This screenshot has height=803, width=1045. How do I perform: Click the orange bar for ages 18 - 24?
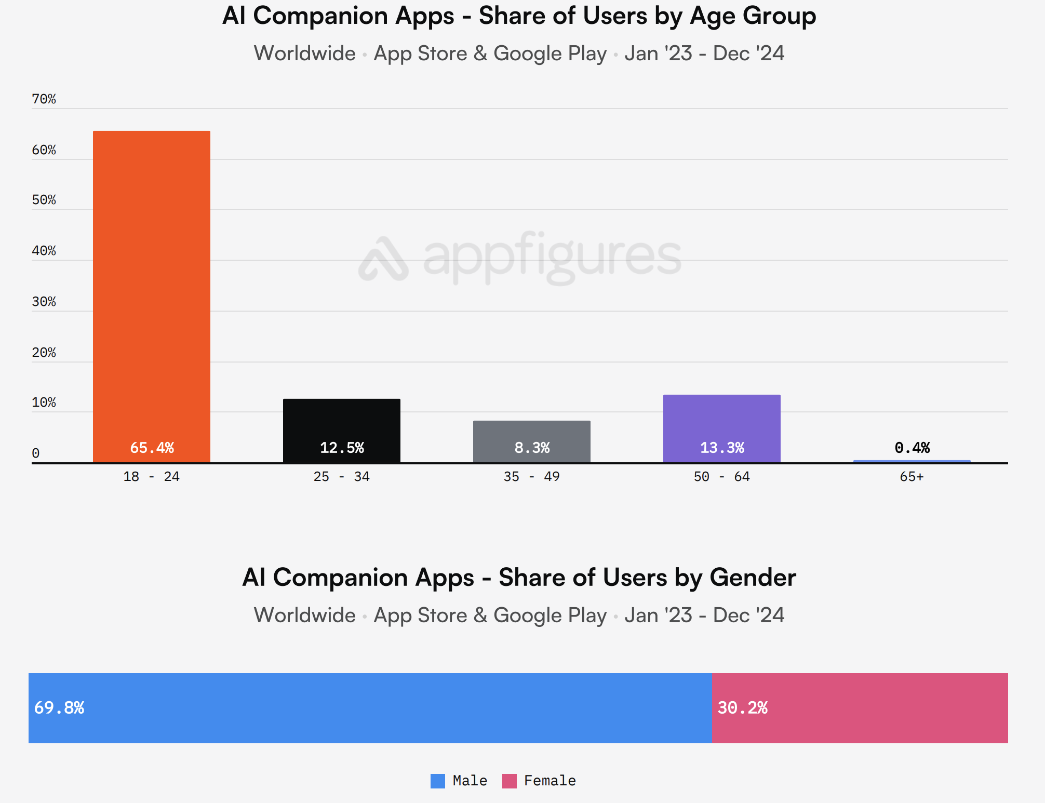[x=152, y=296]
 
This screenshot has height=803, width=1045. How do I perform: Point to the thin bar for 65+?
[x=912, y=461]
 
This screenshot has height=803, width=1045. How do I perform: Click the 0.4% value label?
[x=912, y=448]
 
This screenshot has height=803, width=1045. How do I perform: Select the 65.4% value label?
[x=152, y=448]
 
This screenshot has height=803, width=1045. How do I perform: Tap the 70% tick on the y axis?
[x=44, y=99]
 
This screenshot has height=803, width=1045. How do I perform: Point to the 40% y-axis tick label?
[x=44, y=251]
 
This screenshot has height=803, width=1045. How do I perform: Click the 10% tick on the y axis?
[x=44, y=403]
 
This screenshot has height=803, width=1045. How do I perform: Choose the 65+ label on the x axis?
[x=912, y=477]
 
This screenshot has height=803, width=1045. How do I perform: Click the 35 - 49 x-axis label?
[x=531, y=477]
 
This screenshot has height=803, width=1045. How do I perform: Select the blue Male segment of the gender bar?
[x=370, y=708]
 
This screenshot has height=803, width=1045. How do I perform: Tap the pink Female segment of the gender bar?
[x=860, y=708]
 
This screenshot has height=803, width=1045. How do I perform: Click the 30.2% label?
[x=742, y=708]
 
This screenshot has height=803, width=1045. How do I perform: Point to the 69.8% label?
[x=59, y=708]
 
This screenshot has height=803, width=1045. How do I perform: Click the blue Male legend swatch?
[x=438, y=781]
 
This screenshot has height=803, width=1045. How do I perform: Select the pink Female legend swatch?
[x=510, y=781]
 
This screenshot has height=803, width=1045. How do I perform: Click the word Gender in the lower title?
[x=753, y=578]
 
